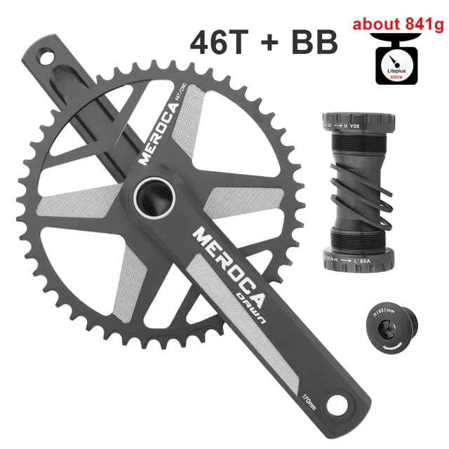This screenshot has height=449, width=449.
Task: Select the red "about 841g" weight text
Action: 398,25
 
